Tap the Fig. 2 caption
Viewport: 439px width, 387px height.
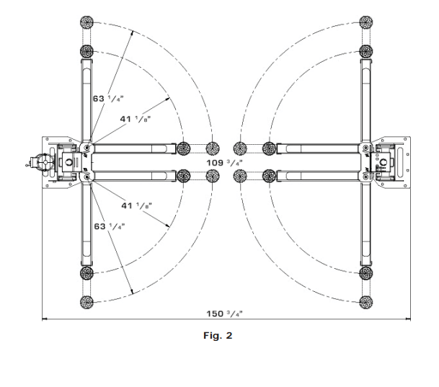[221, 335]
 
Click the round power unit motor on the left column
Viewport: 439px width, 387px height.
[37, 162]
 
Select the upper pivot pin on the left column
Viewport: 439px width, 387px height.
[87, 148]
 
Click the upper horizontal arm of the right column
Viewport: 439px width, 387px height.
[317, 148]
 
